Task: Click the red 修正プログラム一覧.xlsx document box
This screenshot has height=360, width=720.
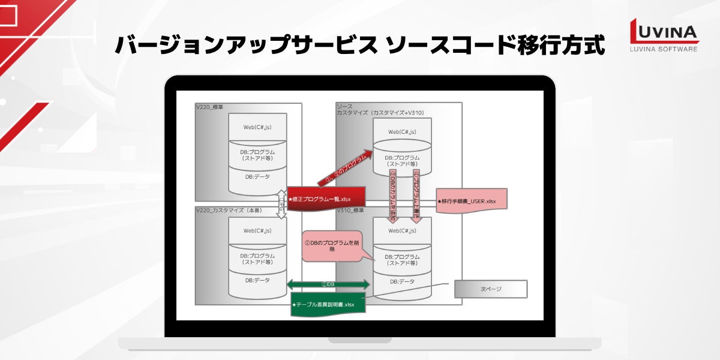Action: coord(319,199)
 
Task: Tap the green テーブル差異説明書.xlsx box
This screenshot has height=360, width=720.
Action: coord(324,304)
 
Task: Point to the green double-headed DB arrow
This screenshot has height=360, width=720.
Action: coord(329,284)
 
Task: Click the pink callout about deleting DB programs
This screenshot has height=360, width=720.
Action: coord(332,246)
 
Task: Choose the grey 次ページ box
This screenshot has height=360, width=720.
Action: coord(491,289)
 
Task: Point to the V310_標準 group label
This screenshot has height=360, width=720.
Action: coord(350,211)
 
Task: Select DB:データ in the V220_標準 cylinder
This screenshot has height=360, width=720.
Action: coord(257,176)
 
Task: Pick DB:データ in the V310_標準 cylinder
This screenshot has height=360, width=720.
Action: coord(402,281)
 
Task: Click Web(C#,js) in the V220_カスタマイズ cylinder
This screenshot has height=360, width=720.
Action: coord(257,230)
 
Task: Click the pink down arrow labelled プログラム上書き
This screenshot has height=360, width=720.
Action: coord(417,195)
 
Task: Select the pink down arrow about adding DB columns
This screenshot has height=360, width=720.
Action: coord(394,195)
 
